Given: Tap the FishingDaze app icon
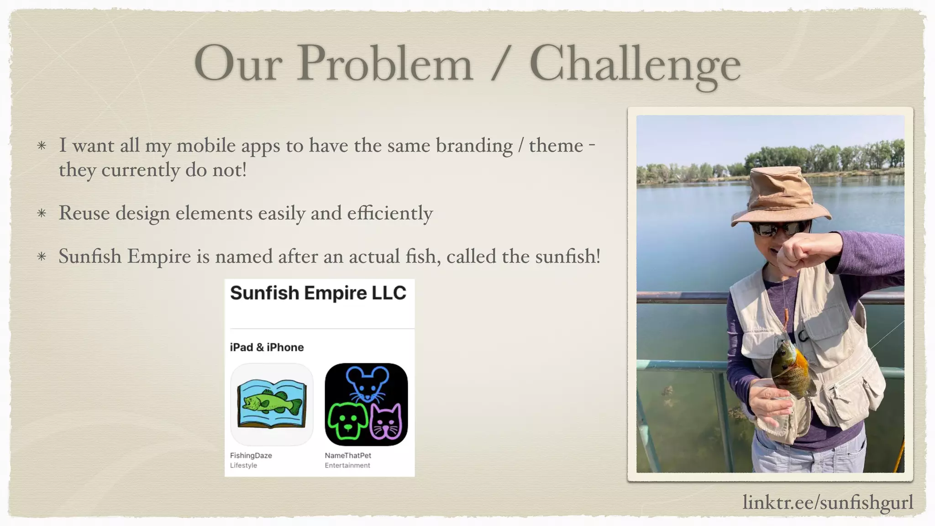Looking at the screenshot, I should pos(272,404).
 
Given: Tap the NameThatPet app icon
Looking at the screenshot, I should pos(366,404).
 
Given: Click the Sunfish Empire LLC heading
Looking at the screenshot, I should pos(318,293).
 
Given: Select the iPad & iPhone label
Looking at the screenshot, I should pos(267,347).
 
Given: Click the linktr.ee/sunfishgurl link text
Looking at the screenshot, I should pos(827,502).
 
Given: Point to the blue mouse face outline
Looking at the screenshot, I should pos(367,384).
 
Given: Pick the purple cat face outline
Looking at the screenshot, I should pos(387,422).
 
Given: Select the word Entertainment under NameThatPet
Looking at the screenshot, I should pos(347,465).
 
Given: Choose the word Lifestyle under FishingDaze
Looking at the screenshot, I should pos(243,465).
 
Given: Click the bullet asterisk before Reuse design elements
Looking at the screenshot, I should pos(42,213).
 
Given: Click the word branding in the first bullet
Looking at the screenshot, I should pos(474,146).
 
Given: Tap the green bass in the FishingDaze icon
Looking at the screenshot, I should pos(272,402).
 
